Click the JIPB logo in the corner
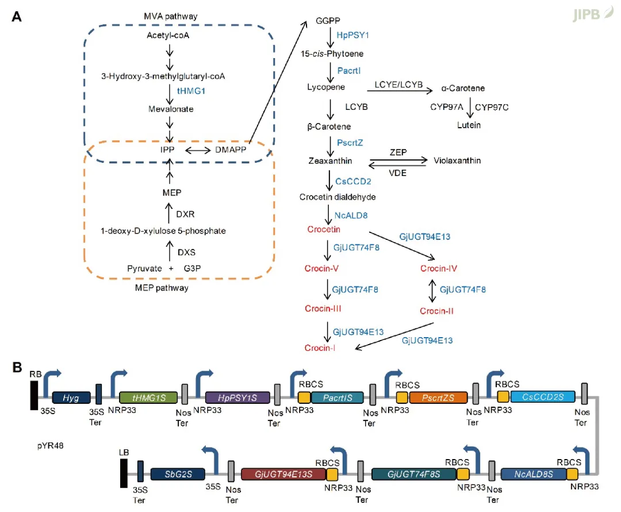pos(593,14)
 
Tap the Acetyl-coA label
pos(168,35)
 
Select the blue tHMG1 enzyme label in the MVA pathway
pos(191,91)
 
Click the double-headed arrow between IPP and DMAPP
pos(198,150)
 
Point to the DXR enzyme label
pos(185,214)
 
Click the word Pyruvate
pos(144,268)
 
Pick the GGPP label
pos(328,21)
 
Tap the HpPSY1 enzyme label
pos(352,35)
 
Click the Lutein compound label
pos(469,125)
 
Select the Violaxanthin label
pos(457,161)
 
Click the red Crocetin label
pos(324,229)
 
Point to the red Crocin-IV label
pos(438,268)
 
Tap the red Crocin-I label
pos(320,347)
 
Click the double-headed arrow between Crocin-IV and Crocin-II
pos(432,291)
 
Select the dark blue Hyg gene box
pos(71,398)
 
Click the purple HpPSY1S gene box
pos(237,398)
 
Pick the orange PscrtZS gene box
pos(438,398)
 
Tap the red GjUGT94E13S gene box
pos(283,474)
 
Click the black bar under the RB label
pos(34,395)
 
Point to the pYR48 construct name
pos(50,445)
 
